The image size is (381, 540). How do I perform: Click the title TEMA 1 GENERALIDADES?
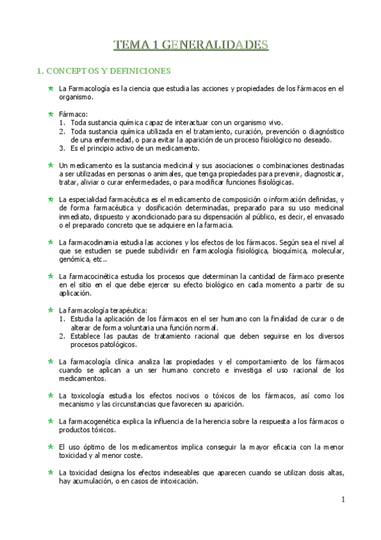[190, 45]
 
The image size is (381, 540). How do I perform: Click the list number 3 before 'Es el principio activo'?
[62, 148]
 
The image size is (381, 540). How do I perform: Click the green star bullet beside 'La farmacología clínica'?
[51, 362]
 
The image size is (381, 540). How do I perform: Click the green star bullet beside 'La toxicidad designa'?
[51, 473]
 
